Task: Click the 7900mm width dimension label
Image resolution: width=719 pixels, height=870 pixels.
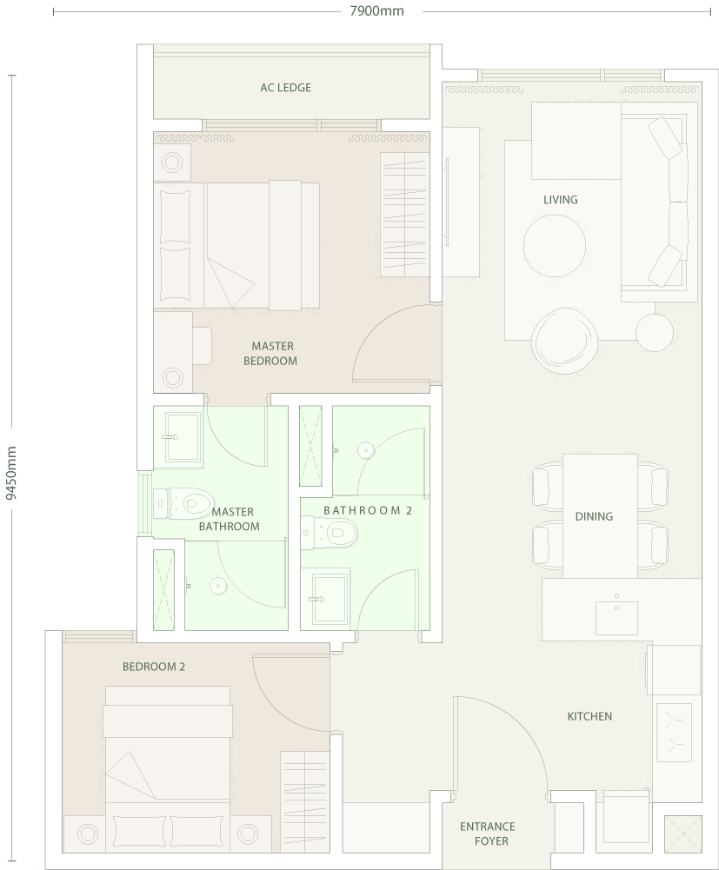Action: pos(376,10)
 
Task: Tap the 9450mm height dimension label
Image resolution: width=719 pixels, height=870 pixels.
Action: pos(11,473)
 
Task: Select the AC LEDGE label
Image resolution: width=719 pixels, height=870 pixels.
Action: pos(285,87)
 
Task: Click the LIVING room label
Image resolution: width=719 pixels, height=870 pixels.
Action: pos(560,199)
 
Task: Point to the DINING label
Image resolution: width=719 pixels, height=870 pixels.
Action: pos(594,516)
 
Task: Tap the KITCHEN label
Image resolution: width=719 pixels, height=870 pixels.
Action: pos(589,716)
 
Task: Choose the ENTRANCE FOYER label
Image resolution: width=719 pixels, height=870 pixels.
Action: pos(488,833)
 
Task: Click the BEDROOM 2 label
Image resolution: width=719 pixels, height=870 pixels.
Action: pos(154,667)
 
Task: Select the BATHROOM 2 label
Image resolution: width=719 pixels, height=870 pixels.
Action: pos(368,510)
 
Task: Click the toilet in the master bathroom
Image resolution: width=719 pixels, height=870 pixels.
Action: pos(183,504)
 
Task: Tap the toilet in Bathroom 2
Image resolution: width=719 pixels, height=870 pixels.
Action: pos(330,533)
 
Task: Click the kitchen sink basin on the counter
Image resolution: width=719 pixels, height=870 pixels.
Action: pos(616,618)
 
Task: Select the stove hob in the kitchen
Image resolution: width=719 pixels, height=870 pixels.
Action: pos(674,733)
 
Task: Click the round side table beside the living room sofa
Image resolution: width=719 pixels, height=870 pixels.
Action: pos(654,332)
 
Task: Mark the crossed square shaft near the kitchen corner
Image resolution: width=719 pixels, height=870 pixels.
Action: pos(682,834)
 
